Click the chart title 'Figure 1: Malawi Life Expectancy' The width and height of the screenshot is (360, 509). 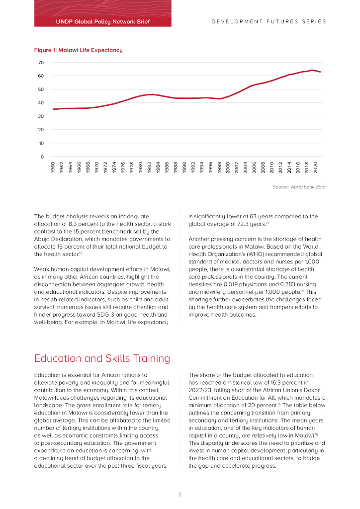tap(78, 50)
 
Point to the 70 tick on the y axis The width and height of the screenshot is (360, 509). tap(41, 63)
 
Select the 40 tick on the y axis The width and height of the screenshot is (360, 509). tap(41, 103)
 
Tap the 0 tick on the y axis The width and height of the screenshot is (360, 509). tap(42, 157)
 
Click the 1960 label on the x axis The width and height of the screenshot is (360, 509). tap(54, 168)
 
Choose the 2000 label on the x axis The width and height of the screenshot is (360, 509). tap(228, 168)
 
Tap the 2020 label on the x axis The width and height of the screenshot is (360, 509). tap(315, 168)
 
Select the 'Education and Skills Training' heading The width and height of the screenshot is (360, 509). tap(102, 358)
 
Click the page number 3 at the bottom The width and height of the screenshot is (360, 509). tap(180, 494)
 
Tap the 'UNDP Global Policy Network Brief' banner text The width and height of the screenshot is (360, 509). tap(103, 22)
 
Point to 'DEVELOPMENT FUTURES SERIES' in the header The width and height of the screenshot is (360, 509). tap(269, 22)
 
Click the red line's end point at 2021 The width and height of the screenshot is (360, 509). tap(320, 72)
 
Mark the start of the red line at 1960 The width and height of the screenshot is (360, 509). tap(53, 109)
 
